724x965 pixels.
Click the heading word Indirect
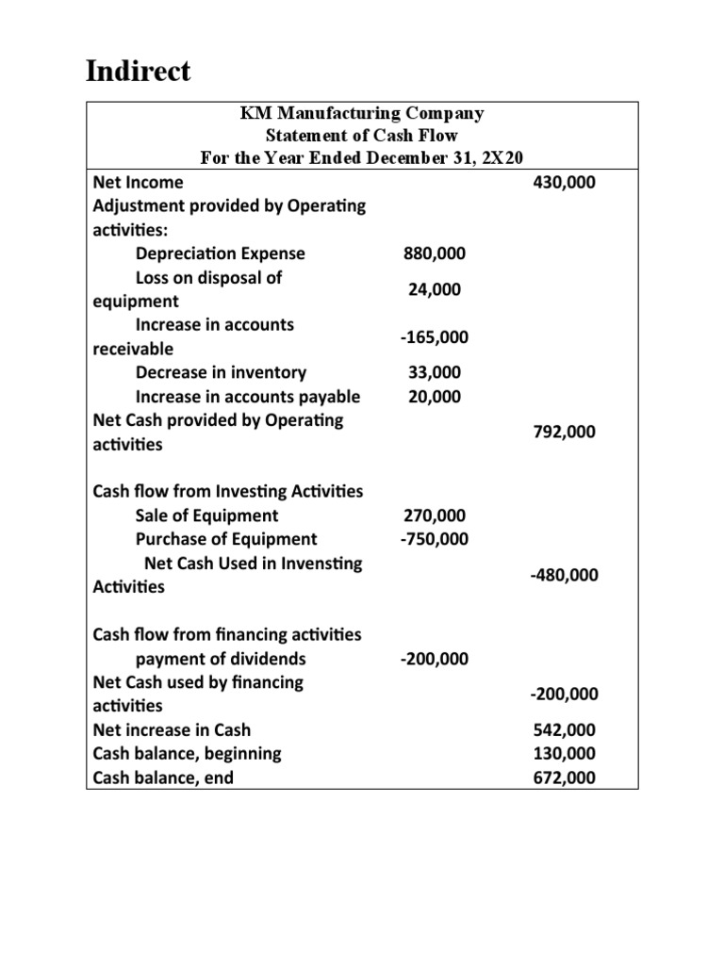click(138, 72)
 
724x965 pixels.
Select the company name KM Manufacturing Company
click(362, 114)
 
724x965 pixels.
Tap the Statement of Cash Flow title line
click(362, 136)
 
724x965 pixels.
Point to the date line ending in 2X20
click(362, 157)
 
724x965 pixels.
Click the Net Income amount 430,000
click(564, 182)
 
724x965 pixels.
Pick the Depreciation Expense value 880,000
click(434, 254)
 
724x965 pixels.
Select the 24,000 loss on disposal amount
click(435, 290)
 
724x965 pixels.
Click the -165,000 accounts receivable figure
click(434, 337)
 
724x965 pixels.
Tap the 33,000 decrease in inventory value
click(435, 372)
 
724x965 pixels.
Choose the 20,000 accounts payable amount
click(435, 397)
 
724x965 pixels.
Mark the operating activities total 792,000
click(564, 433)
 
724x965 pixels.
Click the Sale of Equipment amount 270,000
click(434, 515)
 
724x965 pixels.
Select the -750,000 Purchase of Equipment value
click(434, 539)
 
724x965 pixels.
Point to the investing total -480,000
click(564, 575)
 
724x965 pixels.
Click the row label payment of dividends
click(221, 659)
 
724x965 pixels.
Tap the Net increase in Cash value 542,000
click(564, 730)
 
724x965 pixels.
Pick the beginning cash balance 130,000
click(564, 754)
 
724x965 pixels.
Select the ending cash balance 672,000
click(564, 778)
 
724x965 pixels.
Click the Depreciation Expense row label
click(221, 254)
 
